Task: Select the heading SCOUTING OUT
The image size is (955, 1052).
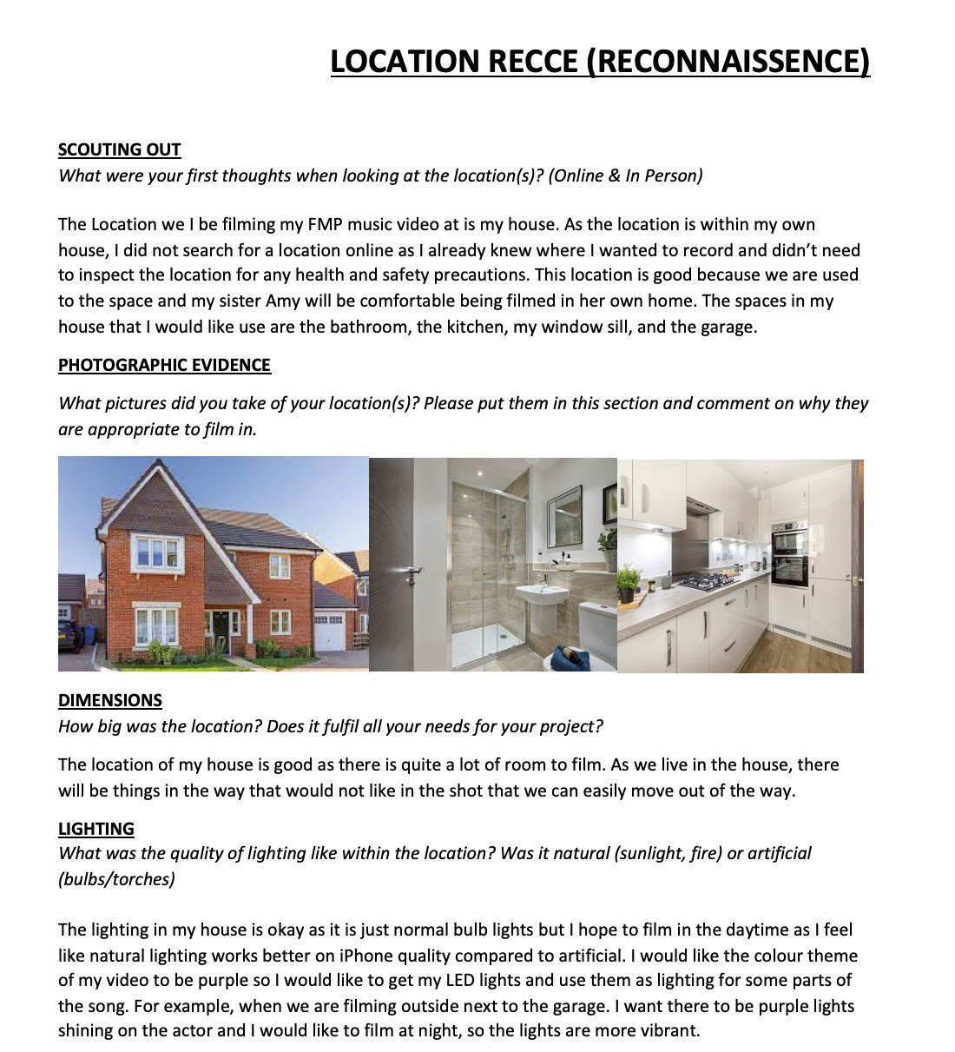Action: (119, 149)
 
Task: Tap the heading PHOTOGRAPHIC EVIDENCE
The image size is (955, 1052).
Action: (164, 365)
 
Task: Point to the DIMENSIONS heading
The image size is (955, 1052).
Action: (110, 700)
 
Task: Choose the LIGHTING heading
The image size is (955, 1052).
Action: (96, 829)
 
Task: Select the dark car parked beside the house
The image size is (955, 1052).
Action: (69, 634)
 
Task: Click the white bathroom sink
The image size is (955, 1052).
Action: (541, 596)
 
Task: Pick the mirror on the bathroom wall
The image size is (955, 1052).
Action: (565, 516)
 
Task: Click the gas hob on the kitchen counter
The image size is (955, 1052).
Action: (707, 581)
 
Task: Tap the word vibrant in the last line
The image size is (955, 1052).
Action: (667, 1031)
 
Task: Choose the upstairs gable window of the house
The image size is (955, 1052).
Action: (157, 552)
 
